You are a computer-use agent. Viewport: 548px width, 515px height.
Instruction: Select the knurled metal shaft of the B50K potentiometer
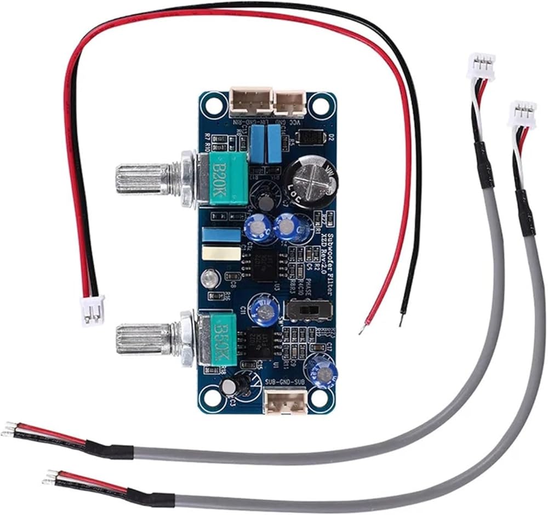[140, 340]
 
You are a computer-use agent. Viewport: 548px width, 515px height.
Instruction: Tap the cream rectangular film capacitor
[221, 254]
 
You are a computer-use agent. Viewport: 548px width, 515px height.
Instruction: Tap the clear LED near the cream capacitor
[209, 279]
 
